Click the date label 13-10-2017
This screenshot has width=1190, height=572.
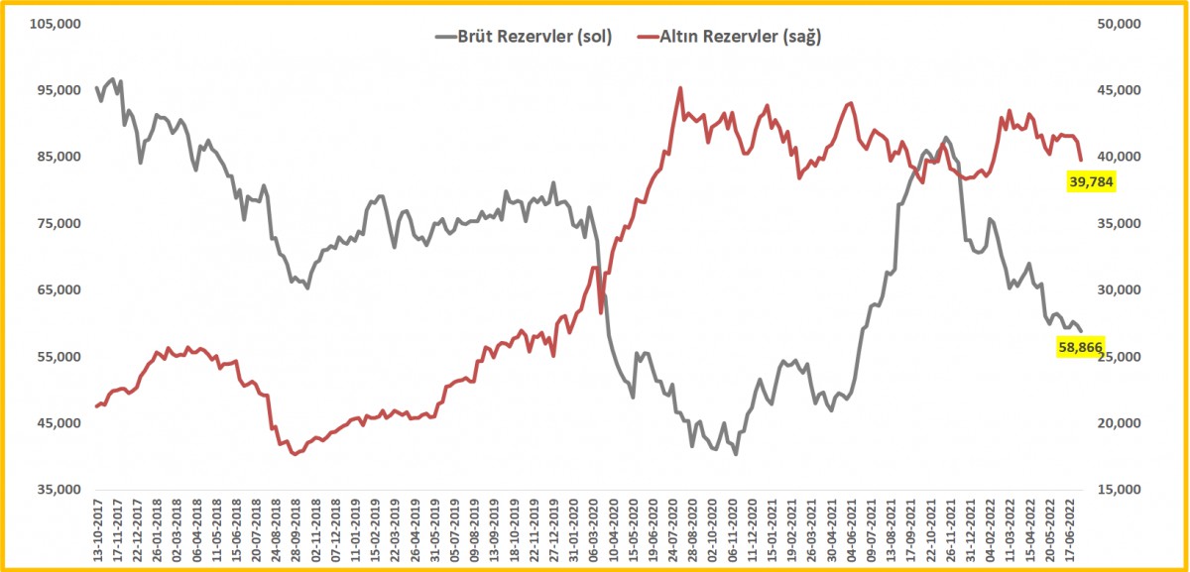tap(96, 530)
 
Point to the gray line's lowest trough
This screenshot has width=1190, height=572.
tap(736, 454)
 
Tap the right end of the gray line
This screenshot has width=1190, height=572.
tap(1081, 331)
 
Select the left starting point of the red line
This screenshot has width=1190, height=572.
tap(96, 406)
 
